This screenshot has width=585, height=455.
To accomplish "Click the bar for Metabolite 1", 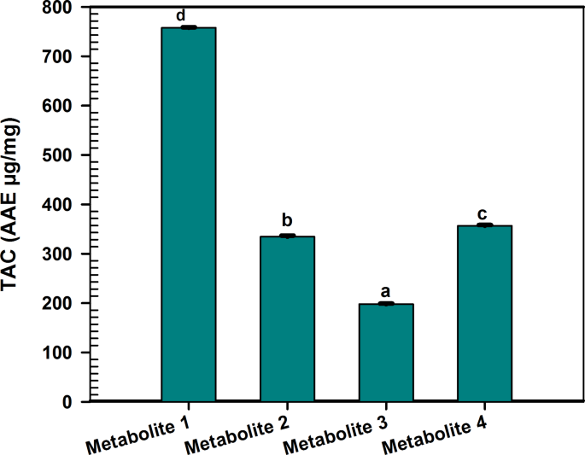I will [x=188, y=213].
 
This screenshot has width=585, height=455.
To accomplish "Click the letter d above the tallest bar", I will [x=181, y=15].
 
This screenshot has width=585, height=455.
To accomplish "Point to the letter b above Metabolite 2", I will [x=287, y=222].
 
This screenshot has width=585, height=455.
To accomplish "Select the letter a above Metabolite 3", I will [x=386, y=291].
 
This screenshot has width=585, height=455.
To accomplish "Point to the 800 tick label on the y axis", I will [x=61, y=8].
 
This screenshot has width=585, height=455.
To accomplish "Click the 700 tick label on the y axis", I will [x=61, y=56].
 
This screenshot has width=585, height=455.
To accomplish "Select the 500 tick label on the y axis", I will [x=61, y=155].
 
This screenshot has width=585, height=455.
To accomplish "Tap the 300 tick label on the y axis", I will [x=61, y=254].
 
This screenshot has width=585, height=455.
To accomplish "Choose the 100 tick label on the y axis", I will [x=61, y=353].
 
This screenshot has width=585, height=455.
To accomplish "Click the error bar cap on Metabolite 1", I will [x=188, y=27].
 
